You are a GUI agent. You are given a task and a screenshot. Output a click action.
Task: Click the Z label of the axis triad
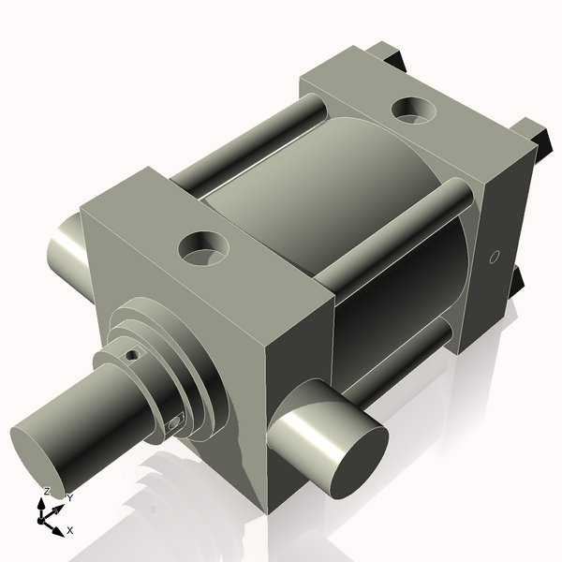coord(46,491)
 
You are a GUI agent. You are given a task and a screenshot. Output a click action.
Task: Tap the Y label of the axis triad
coord(70,498)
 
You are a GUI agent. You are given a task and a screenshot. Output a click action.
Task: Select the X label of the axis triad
coord(70,530)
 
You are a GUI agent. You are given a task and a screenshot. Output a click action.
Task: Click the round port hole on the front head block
coord(204,249)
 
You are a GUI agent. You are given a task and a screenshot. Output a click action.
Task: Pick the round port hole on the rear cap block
coord(414,110)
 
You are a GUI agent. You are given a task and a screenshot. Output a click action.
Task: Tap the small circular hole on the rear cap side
coord(495,257)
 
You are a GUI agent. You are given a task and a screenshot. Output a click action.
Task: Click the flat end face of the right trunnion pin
coord(360,463)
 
